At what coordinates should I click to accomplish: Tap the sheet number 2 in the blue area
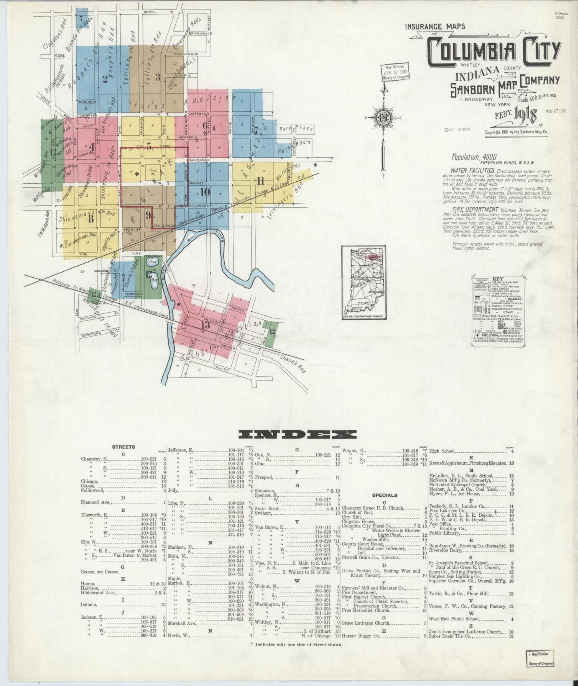pos(105,79)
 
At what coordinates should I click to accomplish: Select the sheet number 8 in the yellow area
pos(91,219)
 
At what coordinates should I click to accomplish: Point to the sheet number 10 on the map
pos(205,192)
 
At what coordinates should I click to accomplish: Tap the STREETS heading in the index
pos(123,447)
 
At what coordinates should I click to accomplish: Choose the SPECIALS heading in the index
pos(384,495)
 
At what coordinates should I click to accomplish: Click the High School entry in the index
pos(442,451)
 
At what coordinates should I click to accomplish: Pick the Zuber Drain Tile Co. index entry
pos(456,636)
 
